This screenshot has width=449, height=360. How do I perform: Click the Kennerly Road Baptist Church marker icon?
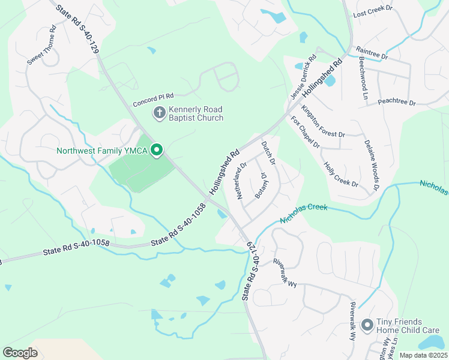pyautogui.click(x=159, y=113)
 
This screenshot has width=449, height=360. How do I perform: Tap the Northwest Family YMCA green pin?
pyautogui.click(x=157, y=150)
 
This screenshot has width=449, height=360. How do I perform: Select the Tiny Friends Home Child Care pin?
pyautogui.click(x=367, y=325)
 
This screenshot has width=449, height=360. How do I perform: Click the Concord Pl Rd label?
pyautogui.click(x=153, y=97)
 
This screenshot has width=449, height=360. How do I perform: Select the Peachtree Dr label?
pyautogui.click(x=396, y=103)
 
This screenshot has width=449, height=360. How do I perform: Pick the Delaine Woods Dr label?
pyautogui.click(x=372, y=165)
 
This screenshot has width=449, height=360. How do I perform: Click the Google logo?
pyautogui.click(x=20, y=353)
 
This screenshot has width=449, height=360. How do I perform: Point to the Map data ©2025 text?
pyautogui.click(x=423, y=355)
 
